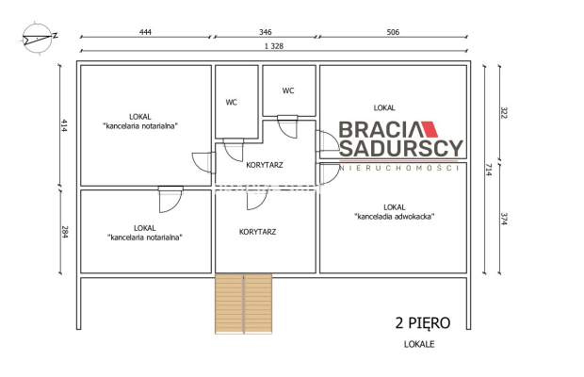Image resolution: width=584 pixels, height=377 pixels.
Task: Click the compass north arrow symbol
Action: pos(38,38)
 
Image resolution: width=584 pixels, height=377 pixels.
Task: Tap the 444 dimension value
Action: pos(145,32)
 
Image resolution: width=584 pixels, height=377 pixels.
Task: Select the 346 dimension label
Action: pos(266,32)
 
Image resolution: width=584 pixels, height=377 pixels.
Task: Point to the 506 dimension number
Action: pos(393,32)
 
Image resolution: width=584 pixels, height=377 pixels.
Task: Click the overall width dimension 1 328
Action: pos(274,46)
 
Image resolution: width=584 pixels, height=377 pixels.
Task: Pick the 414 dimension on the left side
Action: pos(64,125)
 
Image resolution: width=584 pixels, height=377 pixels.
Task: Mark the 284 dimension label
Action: pos(65,232)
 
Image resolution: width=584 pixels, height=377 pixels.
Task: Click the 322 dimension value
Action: pos(504,113)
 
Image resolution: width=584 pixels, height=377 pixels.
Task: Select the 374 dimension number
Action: pos(504,219)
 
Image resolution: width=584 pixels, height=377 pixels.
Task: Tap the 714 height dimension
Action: pos(489,170)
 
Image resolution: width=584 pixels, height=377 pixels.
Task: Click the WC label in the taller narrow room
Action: pos(232,103)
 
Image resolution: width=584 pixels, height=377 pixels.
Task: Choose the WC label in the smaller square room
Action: pos(288,90)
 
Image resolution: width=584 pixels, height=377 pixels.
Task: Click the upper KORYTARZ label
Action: pos(265,165)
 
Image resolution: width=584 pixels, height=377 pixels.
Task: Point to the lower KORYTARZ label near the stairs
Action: pos(257,232)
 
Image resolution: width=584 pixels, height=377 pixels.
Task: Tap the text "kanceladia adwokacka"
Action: pos(395,217)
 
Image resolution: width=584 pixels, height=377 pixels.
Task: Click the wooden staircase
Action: pos(244,303)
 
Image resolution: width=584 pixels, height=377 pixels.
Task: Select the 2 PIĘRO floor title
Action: pos(423,323)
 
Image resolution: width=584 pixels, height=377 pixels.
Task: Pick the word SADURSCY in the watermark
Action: pos(401,148)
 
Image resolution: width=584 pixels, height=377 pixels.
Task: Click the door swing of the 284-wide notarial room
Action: pos(170,200)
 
